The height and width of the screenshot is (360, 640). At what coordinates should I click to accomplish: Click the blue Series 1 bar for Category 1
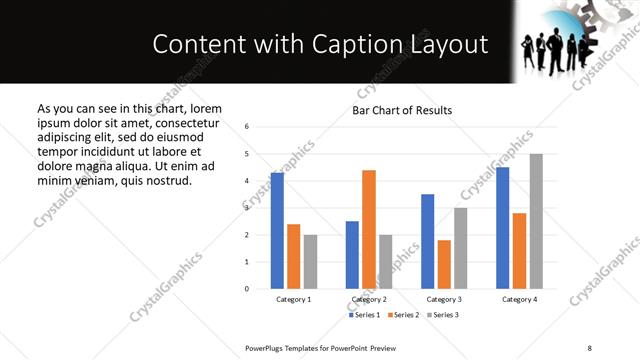pos(277,231)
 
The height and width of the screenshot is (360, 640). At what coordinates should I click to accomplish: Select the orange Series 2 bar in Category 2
pos(369,229)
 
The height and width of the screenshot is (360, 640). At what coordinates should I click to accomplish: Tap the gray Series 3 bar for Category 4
pos(536,221)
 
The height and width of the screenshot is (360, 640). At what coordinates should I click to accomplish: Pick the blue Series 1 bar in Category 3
pos(427,241)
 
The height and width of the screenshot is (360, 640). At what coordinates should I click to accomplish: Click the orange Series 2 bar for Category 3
pos(444,264)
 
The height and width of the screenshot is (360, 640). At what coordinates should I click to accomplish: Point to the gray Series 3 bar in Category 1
pos(311,262)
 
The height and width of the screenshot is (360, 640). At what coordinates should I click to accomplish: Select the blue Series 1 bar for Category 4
pos(502,228)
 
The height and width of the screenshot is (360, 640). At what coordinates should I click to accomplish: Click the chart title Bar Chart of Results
pos(402,110)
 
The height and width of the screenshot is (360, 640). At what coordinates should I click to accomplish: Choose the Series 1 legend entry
pos(366,315)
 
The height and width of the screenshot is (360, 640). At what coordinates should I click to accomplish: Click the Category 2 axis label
pos(369,299)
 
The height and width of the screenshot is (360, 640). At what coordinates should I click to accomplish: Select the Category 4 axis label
pos(519,299)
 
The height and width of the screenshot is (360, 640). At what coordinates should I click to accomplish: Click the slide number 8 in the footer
pos(589,347)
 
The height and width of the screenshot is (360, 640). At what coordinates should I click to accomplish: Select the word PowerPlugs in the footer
pos(267,347)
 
